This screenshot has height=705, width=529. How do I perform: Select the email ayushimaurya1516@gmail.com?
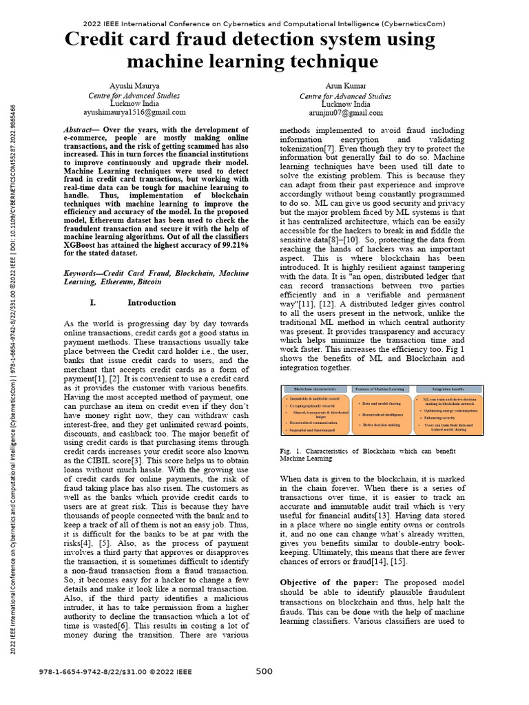click(x=134, y=112)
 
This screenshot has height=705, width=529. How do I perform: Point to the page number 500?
click(x=264, y=671)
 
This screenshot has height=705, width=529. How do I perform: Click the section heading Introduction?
click(x=152, y=302)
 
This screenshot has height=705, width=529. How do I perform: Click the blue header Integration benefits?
click(x=446, y=389)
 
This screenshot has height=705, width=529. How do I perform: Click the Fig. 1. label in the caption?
click(x=289, y=450)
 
